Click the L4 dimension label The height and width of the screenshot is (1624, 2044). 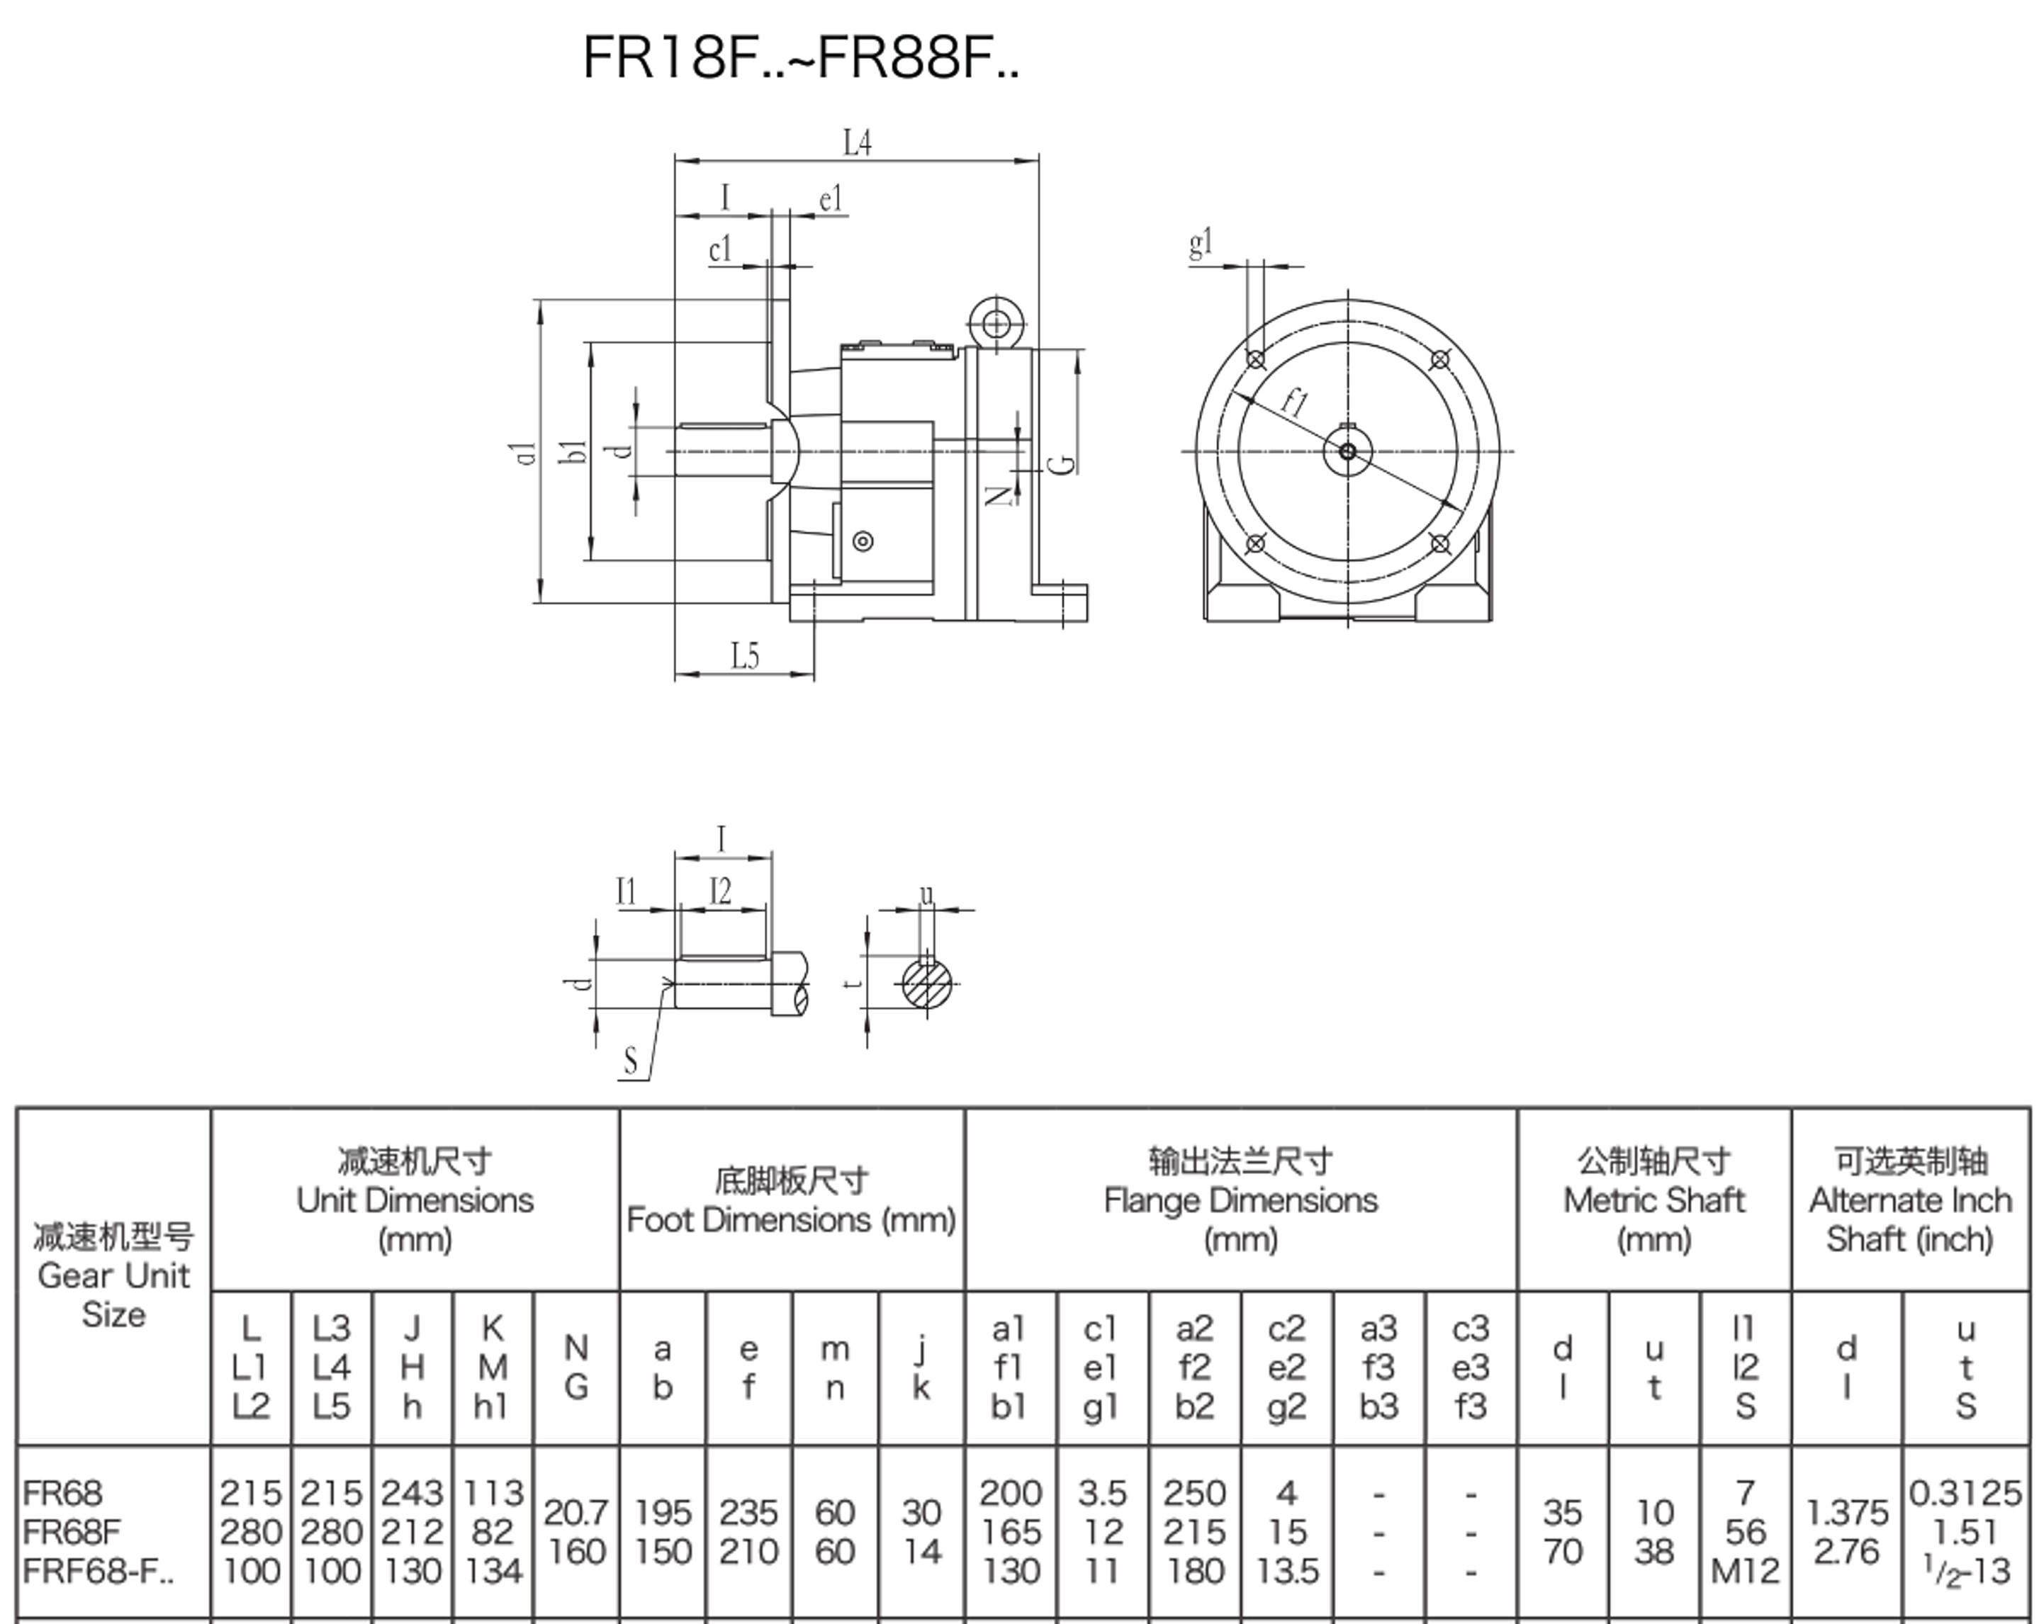857,143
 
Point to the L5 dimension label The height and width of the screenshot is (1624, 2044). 745,656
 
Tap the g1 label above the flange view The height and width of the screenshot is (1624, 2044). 1200,244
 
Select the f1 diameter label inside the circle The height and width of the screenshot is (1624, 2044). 1295,403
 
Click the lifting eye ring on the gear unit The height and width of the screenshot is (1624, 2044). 996,325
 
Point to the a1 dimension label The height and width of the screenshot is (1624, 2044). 527,453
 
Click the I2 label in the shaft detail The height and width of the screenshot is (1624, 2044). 721,892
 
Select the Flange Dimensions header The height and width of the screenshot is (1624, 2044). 1240,1200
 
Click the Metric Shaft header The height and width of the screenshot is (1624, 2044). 1653,1200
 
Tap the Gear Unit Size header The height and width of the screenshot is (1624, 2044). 114,1275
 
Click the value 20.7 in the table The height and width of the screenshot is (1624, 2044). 575,1511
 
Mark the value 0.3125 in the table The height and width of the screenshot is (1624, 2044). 1965,1493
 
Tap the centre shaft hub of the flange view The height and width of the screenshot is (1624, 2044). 1347,451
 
